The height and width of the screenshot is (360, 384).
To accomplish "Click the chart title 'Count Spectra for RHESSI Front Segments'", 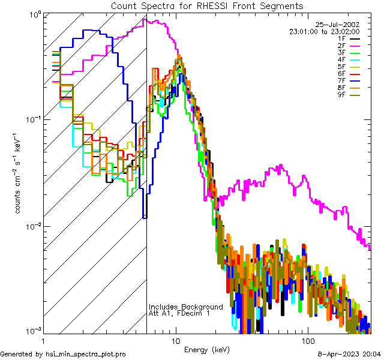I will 207,5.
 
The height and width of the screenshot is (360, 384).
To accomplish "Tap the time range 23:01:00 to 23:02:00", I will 325,31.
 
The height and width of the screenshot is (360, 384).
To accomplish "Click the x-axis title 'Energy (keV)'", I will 206,349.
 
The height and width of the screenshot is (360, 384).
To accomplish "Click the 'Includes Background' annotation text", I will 185,307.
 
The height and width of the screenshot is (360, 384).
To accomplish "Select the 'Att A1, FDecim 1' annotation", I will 179,314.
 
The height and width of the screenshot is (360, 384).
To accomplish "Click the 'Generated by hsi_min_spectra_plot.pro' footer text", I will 63,354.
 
